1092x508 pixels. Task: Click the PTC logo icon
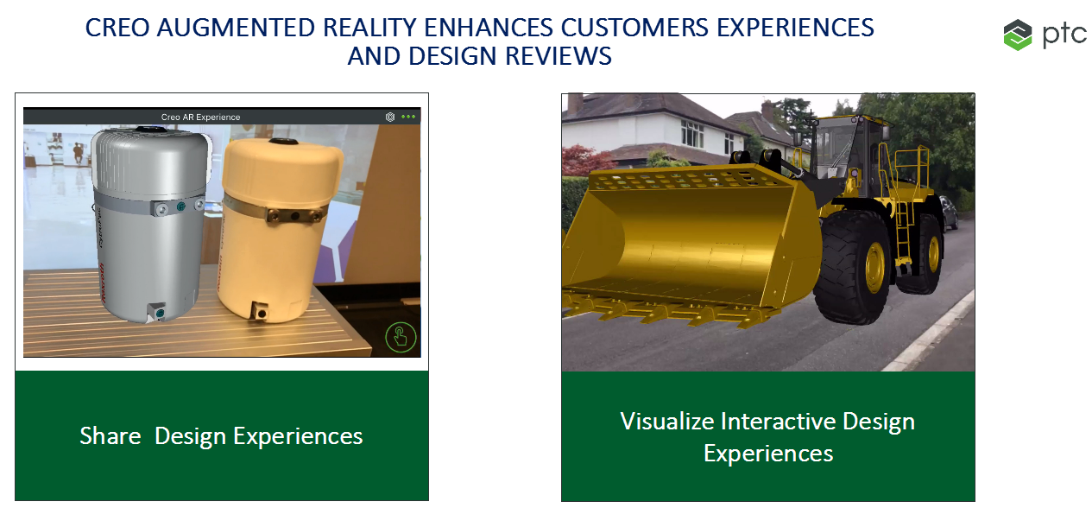click(x=1018, y=35)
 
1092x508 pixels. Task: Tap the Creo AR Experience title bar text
click(x=200, y=117)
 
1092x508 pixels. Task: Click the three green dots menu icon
click(x=408, y=117)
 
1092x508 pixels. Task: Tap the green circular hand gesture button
click(x=401, y=337)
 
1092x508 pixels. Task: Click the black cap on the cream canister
click(x=283, y=142)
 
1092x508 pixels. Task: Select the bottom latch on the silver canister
click(x=156, y=311)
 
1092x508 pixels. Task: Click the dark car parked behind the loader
click(x=948, y=213)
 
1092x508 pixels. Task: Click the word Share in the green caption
click(x=110, y=436)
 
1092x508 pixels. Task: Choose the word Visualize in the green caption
click(x=666, y=422)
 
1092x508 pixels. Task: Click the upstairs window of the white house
click(x=691, y=133)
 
